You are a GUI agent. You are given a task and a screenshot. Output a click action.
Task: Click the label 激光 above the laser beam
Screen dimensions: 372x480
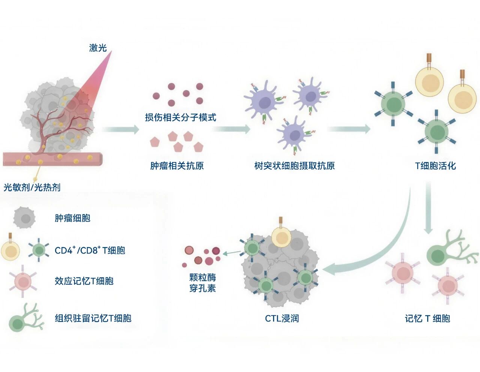[x=98, y=48]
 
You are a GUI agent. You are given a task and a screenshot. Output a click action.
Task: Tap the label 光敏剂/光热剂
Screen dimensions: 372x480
[x=32, y=187]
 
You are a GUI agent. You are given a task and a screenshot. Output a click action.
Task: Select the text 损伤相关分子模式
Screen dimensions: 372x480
[x=180, y=117]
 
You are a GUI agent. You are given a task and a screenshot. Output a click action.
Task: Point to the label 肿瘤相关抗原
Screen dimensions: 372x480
[x=177, y=165]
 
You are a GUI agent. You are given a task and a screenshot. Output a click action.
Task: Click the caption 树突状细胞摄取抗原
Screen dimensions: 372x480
[x=294, y=165]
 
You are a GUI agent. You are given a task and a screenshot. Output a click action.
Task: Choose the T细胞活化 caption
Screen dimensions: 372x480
[x=435, y=165]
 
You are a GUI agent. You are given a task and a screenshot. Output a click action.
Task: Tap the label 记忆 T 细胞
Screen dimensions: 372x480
[x=427, y=318]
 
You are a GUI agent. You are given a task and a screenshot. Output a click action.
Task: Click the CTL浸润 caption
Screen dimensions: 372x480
[x=282, y=318]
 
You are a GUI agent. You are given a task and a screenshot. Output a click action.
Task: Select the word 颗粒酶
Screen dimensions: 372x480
[x=202, y=277]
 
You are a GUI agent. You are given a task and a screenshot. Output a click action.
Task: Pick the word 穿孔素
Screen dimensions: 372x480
[x=202, y=288]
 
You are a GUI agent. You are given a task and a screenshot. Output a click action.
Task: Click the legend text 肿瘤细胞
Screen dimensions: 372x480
[x=72, y=218]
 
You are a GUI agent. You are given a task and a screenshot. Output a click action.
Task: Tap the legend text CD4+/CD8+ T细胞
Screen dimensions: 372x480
[x=90, y=250]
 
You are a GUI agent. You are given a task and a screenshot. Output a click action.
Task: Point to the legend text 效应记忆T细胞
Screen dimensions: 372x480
[x=84, y=281]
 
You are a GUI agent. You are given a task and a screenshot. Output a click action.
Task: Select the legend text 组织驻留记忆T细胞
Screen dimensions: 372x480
[x=93, y=318]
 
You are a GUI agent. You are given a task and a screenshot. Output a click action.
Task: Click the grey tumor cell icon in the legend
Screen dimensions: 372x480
[x=25, y=218]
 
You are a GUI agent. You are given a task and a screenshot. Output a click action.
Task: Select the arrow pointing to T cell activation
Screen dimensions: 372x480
[x=349, y=129]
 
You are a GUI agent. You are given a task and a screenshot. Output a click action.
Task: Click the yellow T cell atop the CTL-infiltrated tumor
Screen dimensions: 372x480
[x=281, y=236]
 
